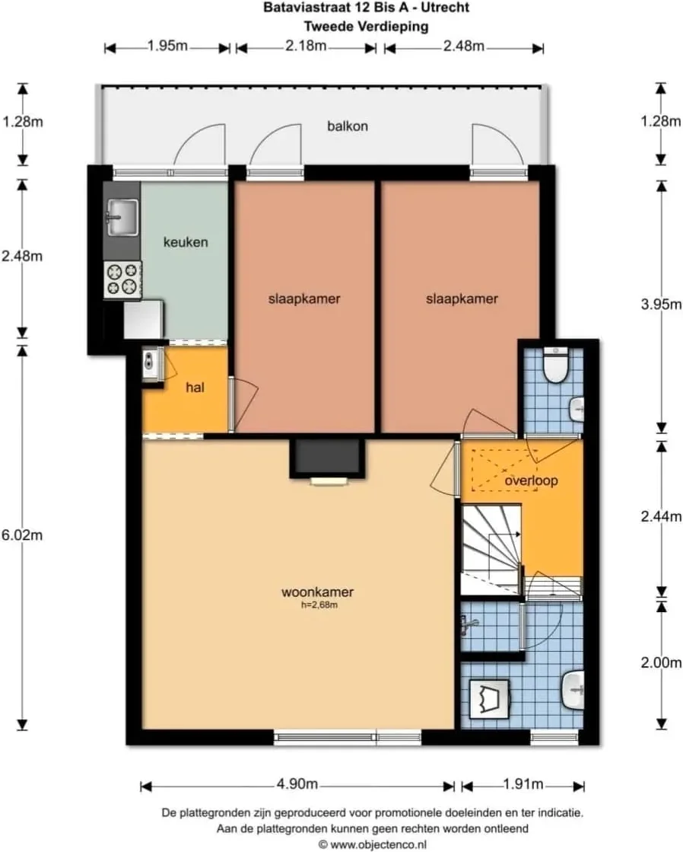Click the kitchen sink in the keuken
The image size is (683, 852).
(x=122, y=217)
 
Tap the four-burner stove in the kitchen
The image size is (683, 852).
(x=122, y=279)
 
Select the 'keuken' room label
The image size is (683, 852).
(x=186, y=242)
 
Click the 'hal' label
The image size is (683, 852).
(x=195, y=388)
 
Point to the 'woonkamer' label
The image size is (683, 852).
(x=318, y=592)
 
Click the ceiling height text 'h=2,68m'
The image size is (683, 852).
(x=319, y=605)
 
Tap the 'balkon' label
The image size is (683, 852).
(x=348, y=126)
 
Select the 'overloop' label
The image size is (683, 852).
(x=531, y=481)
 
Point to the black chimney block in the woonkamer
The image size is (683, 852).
(x=327, y=457)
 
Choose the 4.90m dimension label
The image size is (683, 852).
(x=297, y=784)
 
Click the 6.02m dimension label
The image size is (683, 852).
(x=22, y=535)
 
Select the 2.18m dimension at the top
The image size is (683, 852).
(x=307, y=46)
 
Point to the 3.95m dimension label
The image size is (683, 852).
(x=661, y=305)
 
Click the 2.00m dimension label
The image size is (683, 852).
(x=661, y=663)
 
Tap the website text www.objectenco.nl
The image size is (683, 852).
(x=378, y=844)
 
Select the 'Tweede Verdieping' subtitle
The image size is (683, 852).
(x=366, y=26)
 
